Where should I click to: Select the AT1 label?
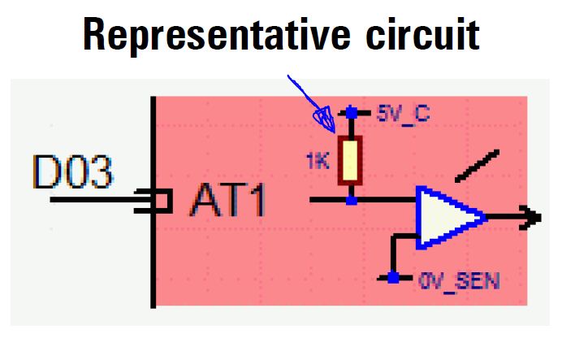point(227,200)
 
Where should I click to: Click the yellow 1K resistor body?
point(351,159)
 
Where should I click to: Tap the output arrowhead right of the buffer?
point(532,217)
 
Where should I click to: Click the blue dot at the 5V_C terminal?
point(351,112)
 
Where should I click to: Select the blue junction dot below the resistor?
point(351,198)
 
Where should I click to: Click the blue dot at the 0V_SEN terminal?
point(393,278)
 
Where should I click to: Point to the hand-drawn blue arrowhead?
point(326,119)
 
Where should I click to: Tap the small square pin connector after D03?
point(161,200)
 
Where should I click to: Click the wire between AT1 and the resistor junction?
point(329,198)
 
